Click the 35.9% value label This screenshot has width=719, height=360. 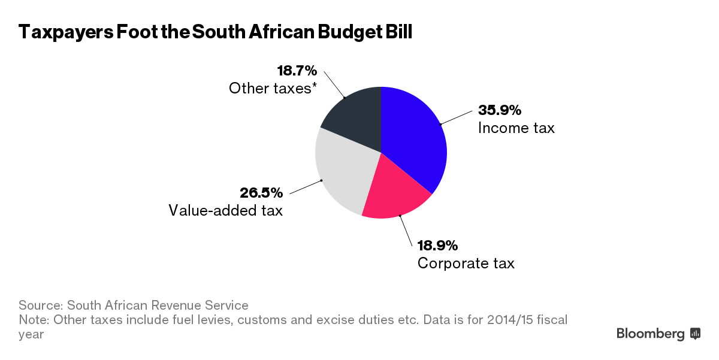pos(500,110)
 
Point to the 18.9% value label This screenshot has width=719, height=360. pos(437,246)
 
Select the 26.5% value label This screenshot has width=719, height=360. pos(261,193)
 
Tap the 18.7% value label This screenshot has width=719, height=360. pos(297,71)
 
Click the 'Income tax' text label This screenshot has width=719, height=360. pos(516,128)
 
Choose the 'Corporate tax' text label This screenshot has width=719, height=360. pos(466,263)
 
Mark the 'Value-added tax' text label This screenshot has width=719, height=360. pos(225,211)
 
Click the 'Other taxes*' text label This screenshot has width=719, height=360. pos(273,89)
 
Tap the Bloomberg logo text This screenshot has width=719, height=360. pos(651,334)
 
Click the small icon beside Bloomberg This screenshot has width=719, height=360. pos(696,334)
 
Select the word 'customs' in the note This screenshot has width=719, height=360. pos(261,319)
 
